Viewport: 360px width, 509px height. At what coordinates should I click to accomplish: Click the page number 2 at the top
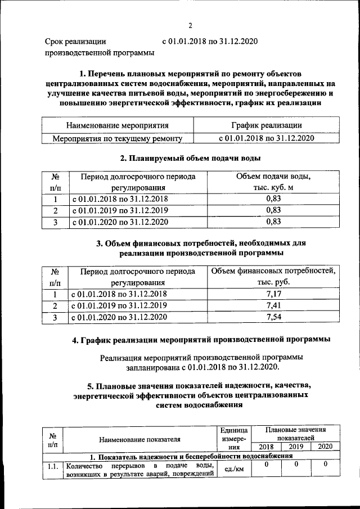[190, 25]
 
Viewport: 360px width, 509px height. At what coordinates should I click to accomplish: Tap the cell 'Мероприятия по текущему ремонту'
[118, 138]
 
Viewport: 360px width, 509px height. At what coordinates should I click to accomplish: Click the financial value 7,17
[273, 294]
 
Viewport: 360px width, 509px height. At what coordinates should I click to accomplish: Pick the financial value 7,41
[273, 305]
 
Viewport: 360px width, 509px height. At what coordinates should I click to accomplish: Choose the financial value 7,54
[273, 317]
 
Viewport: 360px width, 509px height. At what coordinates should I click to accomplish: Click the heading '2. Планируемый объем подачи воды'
[190, 158]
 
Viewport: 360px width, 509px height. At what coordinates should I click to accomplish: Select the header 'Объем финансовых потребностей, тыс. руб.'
[273, 276]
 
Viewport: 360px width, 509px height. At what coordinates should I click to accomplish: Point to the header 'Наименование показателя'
[139, 439]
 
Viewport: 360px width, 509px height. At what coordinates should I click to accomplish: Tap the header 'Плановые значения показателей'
[295, 433]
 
